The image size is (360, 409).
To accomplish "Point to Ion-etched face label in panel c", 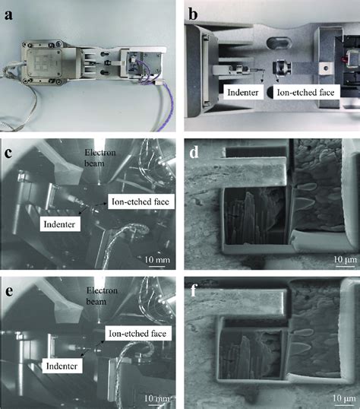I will pyautogui.click(x=139, y=201).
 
